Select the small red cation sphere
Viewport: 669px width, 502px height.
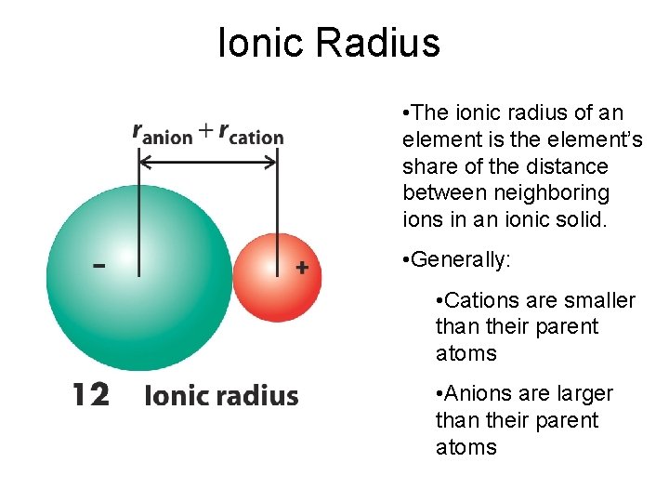click(x=277, y=277)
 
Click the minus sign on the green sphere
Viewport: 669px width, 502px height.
click(x=98, y=265)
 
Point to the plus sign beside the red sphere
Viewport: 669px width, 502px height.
click(x=301, y=267)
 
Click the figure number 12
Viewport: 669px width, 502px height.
click(x=91, y=395)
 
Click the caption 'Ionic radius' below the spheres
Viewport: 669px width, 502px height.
click(x=221, y=396)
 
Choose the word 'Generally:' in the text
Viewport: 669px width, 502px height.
click(x=461, y=260)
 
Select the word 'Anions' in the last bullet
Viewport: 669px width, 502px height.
click(x=478, y=394)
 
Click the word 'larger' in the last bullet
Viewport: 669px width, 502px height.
click(x=585, y=394)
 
